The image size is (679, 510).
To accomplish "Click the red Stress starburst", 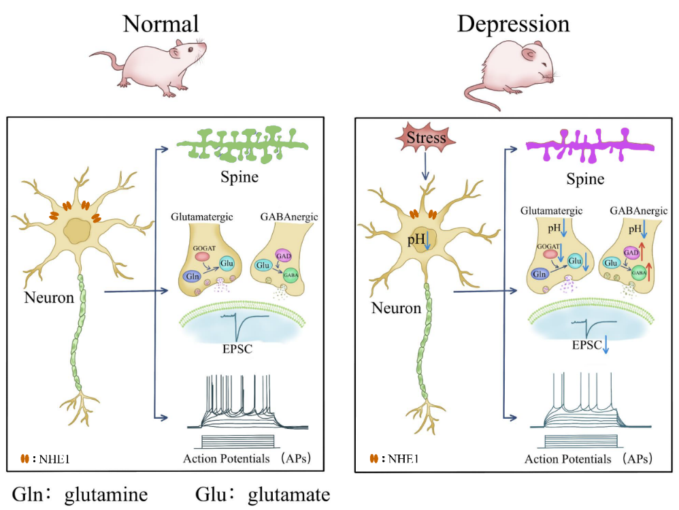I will [426, 139].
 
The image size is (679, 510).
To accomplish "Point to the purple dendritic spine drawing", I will [589, 145].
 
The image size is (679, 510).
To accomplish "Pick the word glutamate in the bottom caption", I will [288, 494].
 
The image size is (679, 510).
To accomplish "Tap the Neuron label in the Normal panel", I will [49, 298].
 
